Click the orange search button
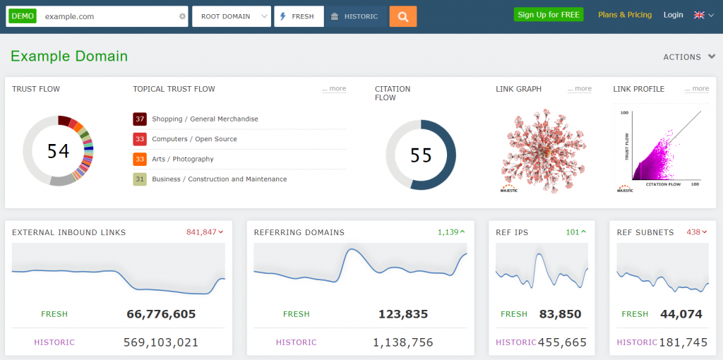pyautogui.click(x=403, y=17)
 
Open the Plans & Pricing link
pyautogui.click(x=625, y=15)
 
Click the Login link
pyautogui.click(x=673, y=15)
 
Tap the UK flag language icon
pyautogui.click(x=699, y=16)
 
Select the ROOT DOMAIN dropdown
pyautogui.click(x=232, y=17)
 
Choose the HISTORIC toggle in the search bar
pyautogui.click(x=356, y=17)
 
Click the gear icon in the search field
pyautogui.click(x=182, y=17)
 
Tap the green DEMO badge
pyautogui.click(x=22, y=16)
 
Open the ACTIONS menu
pyautogui.click(x=689, y=57)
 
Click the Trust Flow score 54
pyautogui.click(x=58, y=151)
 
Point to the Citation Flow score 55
pyautogui.click(x=421, y=155)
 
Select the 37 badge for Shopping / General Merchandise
pyautogui.click(x=140, y=119)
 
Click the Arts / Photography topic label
pyautogui.click(x=183, y=159)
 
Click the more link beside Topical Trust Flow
pyautogui.click(x=334, y=88)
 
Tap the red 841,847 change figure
pyautogui.click(x=201, y=232)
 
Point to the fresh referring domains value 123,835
pyautogui.click(x=403, y=314)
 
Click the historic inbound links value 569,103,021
pyautogui.click(x=161, y=342)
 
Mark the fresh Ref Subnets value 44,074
pyautogui.click(x=681, y=314)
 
